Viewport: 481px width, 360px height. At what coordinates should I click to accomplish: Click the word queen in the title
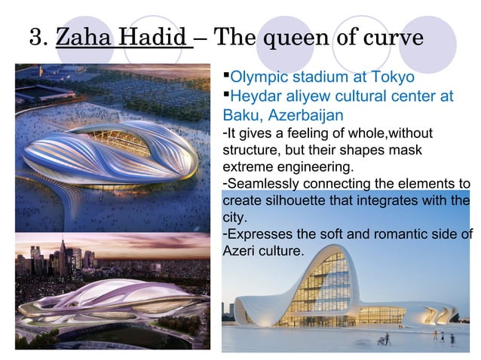(296, 39)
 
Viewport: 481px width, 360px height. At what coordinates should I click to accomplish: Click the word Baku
(240, 116)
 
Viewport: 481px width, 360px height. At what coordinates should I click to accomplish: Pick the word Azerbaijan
(305, 116)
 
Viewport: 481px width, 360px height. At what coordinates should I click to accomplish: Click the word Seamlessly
(262, 184)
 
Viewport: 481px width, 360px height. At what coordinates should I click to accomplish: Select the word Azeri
(240, 251)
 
